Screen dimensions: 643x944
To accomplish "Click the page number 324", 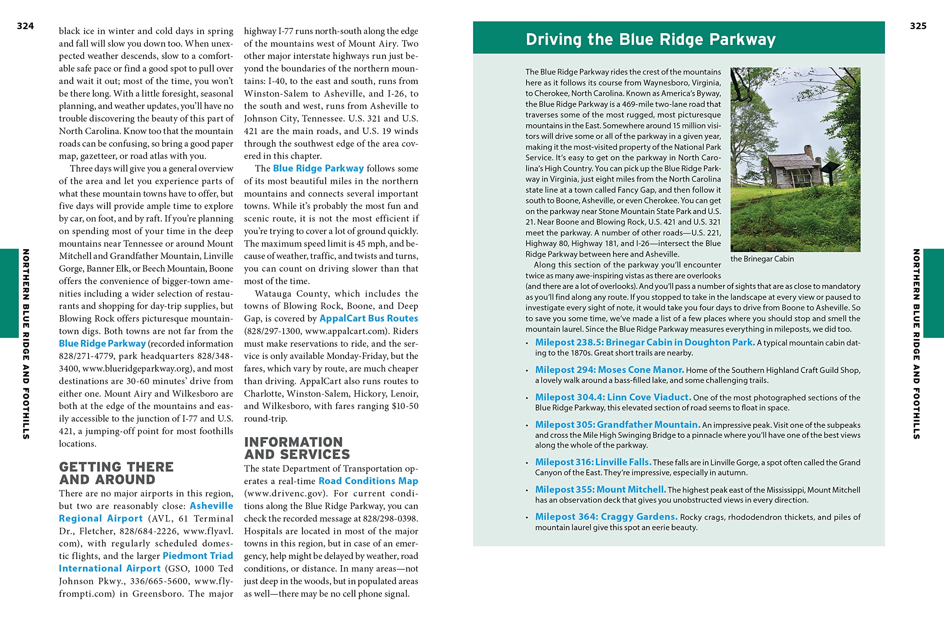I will point(25,26).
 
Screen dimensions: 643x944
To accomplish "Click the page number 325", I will point(918,26).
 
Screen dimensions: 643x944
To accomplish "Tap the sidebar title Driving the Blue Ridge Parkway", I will point(650,39).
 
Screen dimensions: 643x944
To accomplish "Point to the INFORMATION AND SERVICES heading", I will point(296,448).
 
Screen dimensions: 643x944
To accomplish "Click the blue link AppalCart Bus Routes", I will point(368,318).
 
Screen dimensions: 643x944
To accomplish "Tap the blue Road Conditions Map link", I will point(368,481).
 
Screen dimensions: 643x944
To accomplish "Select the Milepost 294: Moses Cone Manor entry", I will point(609,370).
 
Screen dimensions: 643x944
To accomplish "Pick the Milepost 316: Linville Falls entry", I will point(593,462).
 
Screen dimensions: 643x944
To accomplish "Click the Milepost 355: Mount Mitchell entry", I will point(600,490).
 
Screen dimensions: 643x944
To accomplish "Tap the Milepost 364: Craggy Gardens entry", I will point(606,517).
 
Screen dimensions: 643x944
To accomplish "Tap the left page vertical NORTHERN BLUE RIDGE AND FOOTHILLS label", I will point(25,344).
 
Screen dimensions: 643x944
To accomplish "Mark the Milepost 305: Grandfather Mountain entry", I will point(617,424).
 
